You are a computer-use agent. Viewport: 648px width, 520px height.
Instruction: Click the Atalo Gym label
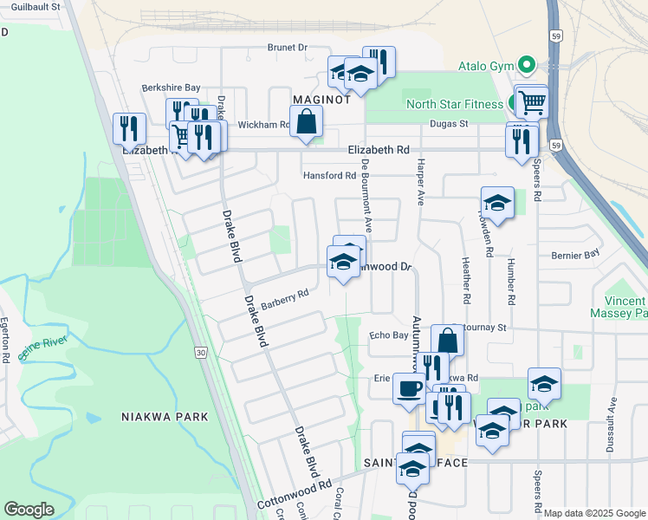coord(485,66)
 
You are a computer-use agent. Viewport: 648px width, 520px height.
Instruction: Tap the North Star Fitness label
coord(455,105)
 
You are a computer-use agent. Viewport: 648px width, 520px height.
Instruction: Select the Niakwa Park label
coord(165,417)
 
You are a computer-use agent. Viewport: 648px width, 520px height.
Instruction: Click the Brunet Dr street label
coord(288,47)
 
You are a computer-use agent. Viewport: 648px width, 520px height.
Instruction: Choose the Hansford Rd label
coord(329,175)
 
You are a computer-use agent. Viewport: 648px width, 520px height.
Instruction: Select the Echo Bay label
coord(388,335)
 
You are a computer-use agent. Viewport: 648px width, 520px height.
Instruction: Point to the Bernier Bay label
coord(575,255)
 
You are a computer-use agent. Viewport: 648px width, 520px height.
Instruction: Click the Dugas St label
coord(450,124)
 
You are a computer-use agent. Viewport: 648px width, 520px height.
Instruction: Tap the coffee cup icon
coord(409,387)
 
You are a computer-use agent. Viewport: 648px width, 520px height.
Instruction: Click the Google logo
coord(29,509)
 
